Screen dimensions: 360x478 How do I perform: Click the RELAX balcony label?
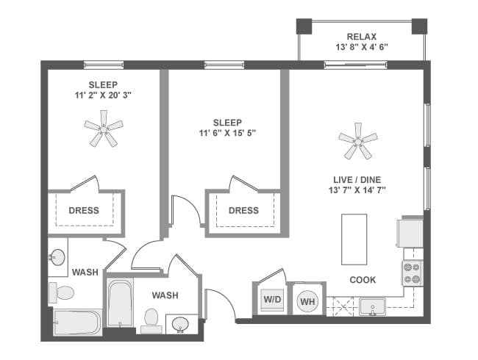coord(363,36)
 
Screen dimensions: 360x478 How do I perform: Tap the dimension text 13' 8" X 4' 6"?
coord(363,47)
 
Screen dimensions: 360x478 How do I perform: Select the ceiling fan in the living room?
coord(358,140)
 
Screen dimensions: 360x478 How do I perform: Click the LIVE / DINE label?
coord(359,179)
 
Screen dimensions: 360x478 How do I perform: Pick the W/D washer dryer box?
coord(271,300)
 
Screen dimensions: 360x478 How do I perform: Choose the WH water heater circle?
coord(306,300)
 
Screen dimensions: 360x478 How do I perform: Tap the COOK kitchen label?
coord(363,280)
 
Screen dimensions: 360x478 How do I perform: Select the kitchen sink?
coord(374,306)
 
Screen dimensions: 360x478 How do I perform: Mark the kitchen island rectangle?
coord(354,239)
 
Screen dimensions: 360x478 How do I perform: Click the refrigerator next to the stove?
coord(410,232)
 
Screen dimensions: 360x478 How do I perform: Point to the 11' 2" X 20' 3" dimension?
coord(104,95)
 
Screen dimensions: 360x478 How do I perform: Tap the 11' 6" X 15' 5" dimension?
coord(227,133)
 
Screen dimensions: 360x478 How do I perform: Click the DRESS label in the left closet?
coord(84,210)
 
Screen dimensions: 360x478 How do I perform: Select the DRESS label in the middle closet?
coord(243,210)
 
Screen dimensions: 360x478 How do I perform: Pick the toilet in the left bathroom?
coord(62,292)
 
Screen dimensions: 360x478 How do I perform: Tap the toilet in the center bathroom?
coord(152,318)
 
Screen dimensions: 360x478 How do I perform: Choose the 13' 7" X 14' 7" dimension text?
coord(359,190)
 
